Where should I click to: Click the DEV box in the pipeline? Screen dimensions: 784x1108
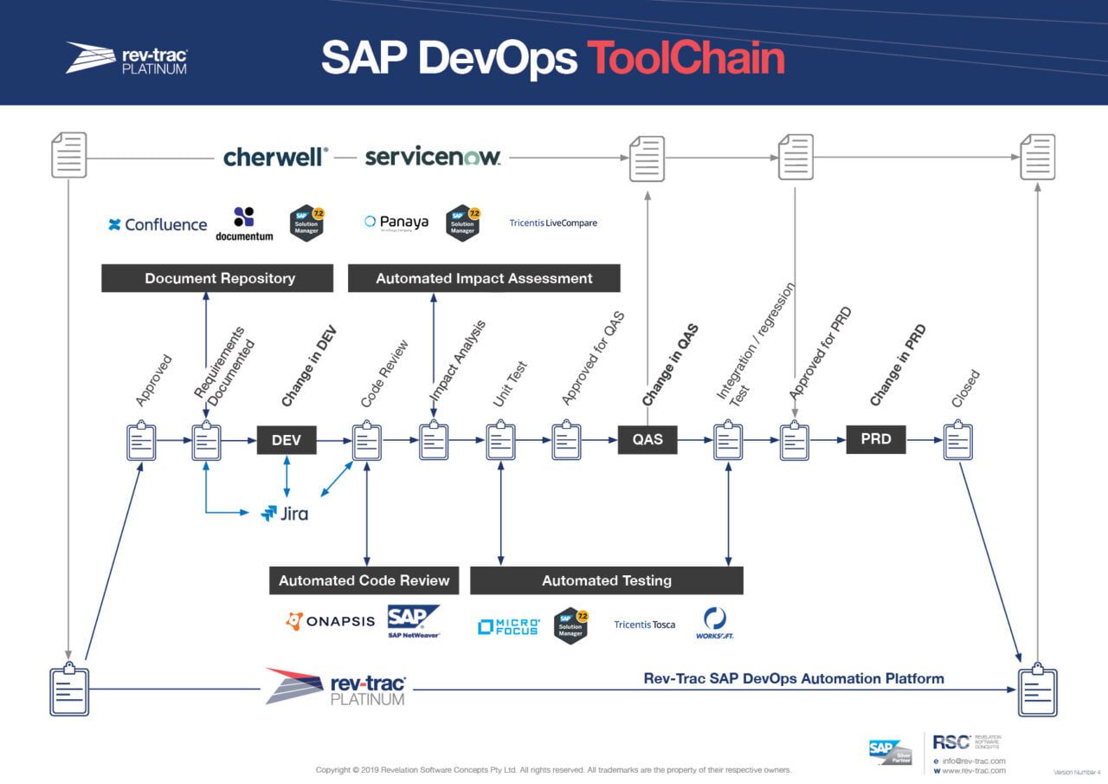[287, 440]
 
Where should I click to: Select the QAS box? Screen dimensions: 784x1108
[647, 440]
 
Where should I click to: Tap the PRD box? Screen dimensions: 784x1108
[876, 439]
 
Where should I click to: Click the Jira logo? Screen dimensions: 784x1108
[285, 514]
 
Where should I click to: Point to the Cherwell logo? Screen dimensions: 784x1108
[275, 157]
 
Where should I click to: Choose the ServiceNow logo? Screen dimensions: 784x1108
[432, 157]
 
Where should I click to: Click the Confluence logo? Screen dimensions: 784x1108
[158, 224]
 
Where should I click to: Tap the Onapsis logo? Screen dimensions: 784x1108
[331, 621]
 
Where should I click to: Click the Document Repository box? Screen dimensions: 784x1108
[217, 278]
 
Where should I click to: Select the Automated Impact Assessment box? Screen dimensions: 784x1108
[484, 278]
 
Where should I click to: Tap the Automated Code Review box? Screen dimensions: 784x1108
[364, 580]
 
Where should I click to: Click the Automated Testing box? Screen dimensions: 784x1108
[606, 580]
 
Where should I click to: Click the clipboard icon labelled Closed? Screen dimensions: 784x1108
[957, 442]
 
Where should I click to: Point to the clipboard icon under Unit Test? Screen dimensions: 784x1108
[500, 442]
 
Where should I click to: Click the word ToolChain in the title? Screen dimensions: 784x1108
[686, 58]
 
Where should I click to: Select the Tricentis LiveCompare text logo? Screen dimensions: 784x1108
[553, 224]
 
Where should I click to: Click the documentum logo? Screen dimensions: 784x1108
[244, 224]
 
